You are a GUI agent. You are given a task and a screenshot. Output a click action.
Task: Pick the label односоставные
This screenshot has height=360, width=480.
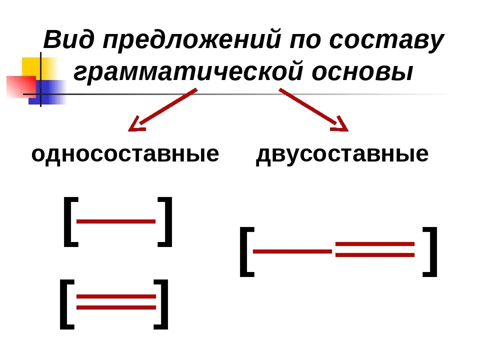[125, 154]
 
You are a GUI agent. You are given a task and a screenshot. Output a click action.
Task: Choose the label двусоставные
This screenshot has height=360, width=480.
[342, 154]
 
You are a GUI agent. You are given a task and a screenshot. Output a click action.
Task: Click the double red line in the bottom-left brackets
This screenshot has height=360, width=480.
[116, 302]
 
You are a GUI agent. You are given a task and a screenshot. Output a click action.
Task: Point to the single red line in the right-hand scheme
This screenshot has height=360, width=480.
[293, 250]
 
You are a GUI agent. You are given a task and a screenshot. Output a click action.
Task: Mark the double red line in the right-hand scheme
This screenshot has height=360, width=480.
[375, 249]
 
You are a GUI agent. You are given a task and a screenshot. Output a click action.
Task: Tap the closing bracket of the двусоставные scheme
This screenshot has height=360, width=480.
[430, 251]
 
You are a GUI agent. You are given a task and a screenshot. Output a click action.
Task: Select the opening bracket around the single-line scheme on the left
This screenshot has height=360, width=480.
[70, 221]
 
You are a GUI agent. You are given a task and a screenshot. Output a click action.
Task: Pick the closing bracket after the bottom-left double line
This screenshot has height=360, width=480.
[161, 304]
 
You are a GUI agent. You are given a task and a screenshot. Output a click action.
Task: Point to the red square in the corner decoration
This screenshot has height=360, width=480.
[20, 85]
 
